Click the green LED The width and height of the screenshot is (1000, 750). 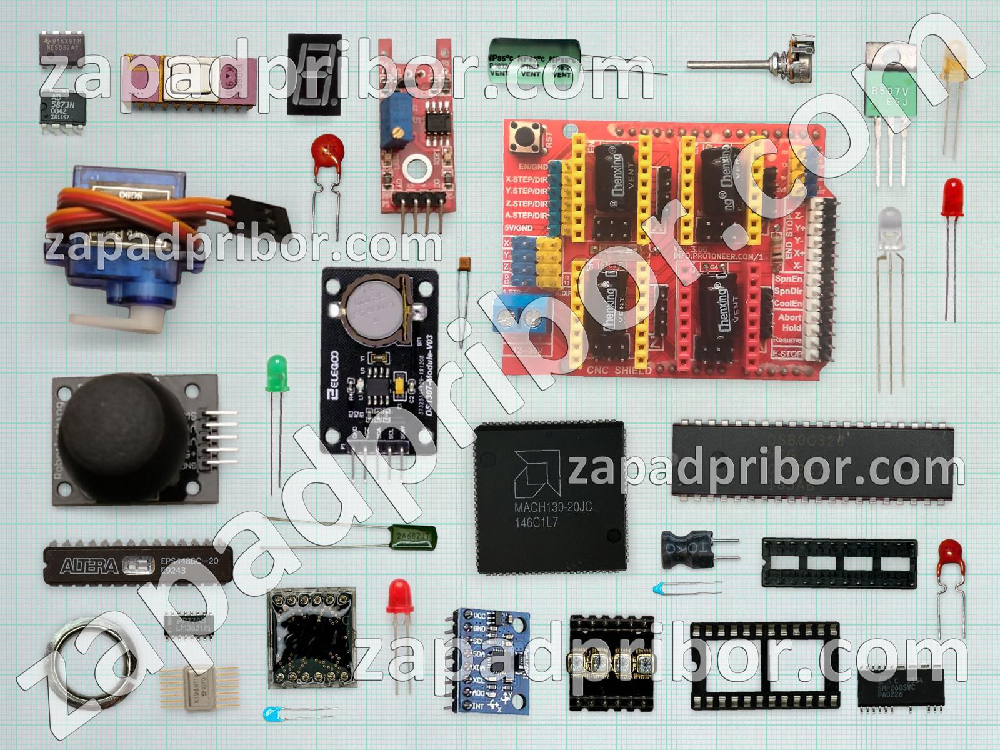[x=276, y=373]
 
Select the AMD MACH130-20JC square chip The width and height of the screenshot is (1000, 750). [x=550, y=497]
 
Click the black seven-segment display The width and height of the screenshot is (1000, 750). [x=314, y=74]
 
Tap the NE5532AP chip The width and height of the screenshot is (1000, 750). [x=63, y=46]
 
